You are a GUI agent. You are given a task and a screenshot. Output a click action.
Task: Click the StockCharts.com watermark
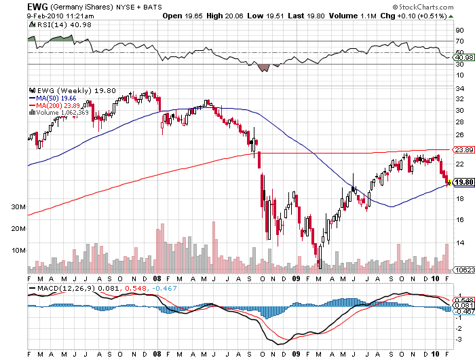(427, 6)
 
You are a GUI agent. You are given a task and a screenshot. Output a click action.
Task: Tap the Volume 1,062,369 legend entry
(64, 113)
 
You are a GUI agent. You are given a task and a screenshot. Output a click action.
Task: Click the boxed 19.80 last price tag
(462, 182)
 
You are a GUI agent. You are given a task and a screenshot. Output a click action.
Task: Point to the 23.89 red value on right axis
(461, 149)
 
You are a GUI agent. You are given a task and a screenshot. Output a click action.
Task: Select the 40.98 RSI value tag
(462, 58)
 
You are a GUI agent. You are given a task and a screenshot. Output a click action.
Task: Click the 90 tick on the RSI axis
(459, 31)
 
